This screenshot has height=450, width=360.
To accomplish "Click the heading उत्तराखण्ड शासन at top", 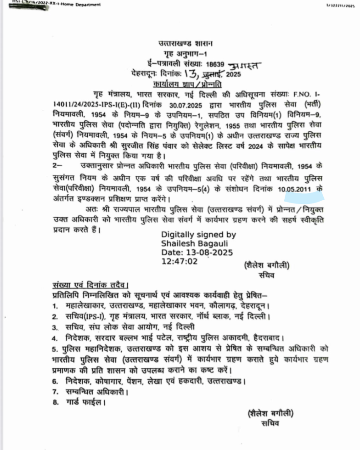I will click(x=186, y=44).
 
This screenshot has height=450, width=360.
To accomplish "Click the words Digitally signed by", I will click(x=198, y=234).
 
